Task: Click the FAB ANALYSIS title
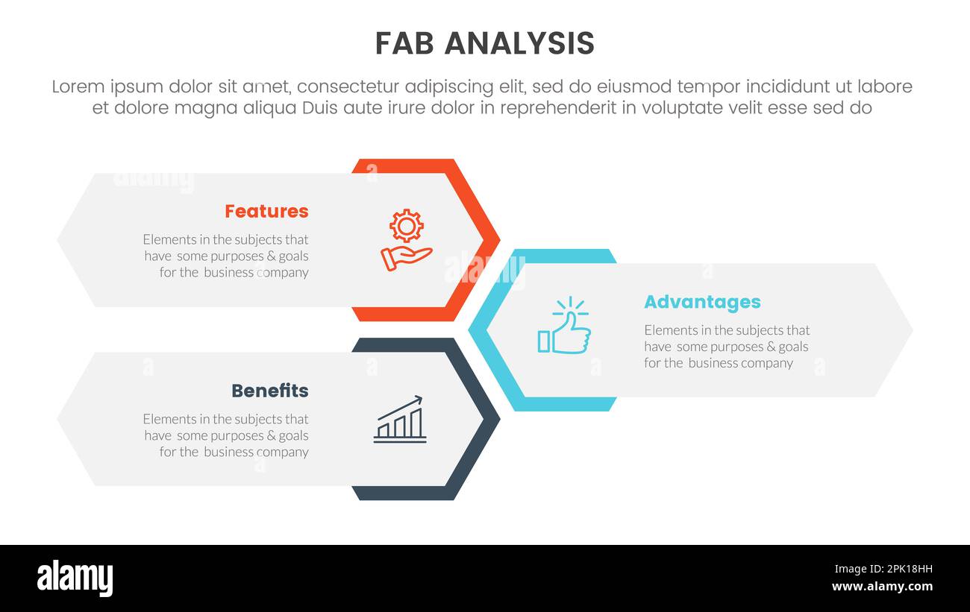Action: [484, 44]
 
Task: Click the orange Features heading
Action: [266, 211]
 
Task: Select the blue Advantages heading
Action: [702, 302]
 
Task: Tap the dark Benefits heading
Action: [269, 391]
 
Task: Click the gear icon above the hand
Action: [407, 225]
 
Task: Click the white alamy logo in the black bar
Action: [75, 578]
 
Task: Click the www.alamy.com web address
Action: [881, 587]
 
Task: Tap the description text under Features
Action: [226, 256]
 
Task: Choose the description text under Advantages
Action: [727, 347]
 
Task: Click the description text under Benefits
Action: [226, 435]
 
